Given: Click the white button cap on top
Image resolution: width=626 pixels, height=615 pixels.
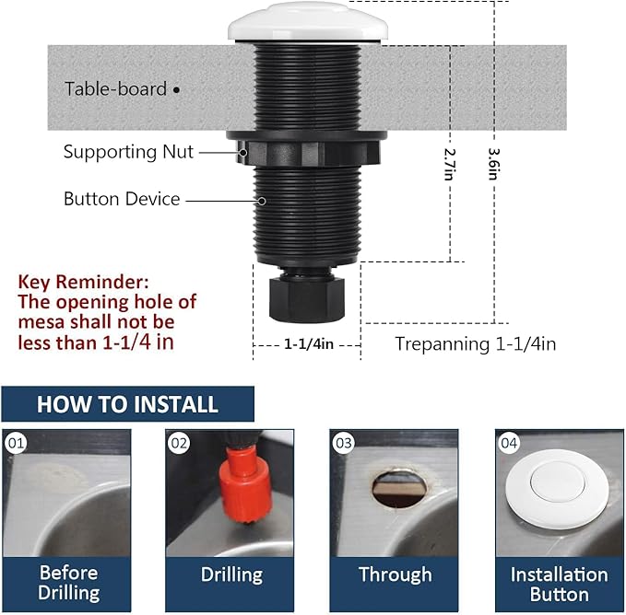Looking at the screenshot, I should [x=308, y=20].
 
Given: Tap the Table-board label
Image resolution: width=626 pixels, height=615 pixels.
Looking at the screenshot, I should [x=115, y=89].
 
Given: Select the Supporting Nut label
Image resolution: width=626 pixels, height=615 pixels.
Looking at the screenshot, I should [x=128, y=152].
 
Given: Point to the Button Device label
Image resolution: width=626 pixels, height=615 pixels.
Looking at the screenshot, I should [x=122, y=199].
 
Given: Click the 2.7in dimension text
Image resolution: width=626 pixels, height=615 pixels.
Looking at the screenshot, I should [x=450, y=165].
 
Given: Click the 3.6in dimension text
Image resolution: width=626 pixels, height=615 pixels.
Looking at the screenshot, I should [x=494, y=164].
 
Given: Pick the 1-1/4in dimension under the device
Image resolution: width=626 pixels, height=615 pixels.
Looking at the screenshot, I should [x=307, y=343].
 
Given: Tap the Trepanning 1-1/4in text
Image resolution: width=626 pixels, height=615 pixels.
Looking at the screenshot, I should [x=475, y=343].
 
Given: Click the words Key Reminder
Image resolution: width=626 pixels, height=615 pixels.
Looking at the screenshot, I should [x=83, y=281].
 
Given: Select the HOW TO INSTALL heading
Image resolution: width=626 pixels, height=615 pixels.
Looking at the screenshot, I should [x=127, y=404].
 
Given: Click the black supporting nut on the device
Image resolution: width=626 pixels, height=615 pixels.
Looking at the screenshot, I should [x=307, y=147].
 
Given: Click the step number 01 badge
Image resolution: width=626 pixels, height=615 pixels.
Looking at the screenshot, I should [x=16, y=444].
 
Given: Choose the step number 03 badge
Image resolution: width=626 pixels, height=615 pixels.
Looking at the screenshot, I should [x=344, y=444].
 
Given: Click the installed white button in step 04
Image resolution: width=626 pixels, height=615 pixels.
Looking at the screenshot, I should [x=560, y=493].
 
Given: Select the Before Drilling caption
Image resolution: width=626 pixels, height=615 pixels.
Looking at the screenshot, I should [x=68, y=583].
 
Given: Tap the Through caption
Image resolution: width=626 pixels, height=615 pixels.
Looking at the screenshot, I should [x=395, y=574].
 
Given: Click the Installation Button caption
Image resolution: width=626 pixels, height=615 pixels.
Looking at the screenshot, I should [x=559, y=584].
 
